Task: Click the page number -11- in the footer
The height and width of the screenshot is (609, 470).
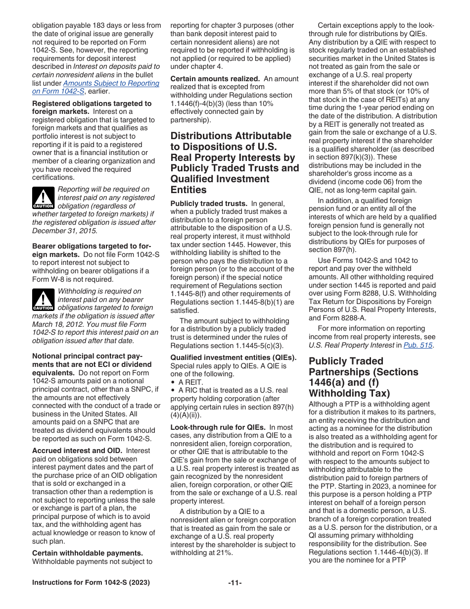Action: (235, 583)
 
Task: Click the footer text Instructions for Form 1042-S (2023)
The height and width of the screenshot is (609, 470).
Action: (91, 583)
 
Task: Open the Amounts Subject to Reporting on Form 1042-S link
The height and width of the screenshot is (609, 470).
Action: (95, 87)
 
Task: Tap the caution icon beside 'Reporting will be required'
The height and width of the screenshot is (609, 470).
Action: (43, 198)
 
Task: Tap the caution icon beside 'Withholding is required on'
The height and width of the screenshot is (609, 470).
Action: (43, 300)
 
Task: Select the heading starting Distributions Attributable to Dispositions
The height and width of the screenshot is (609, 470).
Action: (235, 163)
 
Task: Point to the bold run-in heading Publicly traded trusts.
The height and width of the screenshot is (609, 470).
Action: (208, 203)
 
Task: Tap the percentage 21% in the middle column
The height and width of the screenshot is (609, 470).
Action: (224, 553)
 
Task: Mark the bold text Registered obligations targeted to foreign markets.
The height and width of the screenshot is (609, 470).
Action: (92, 107)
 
